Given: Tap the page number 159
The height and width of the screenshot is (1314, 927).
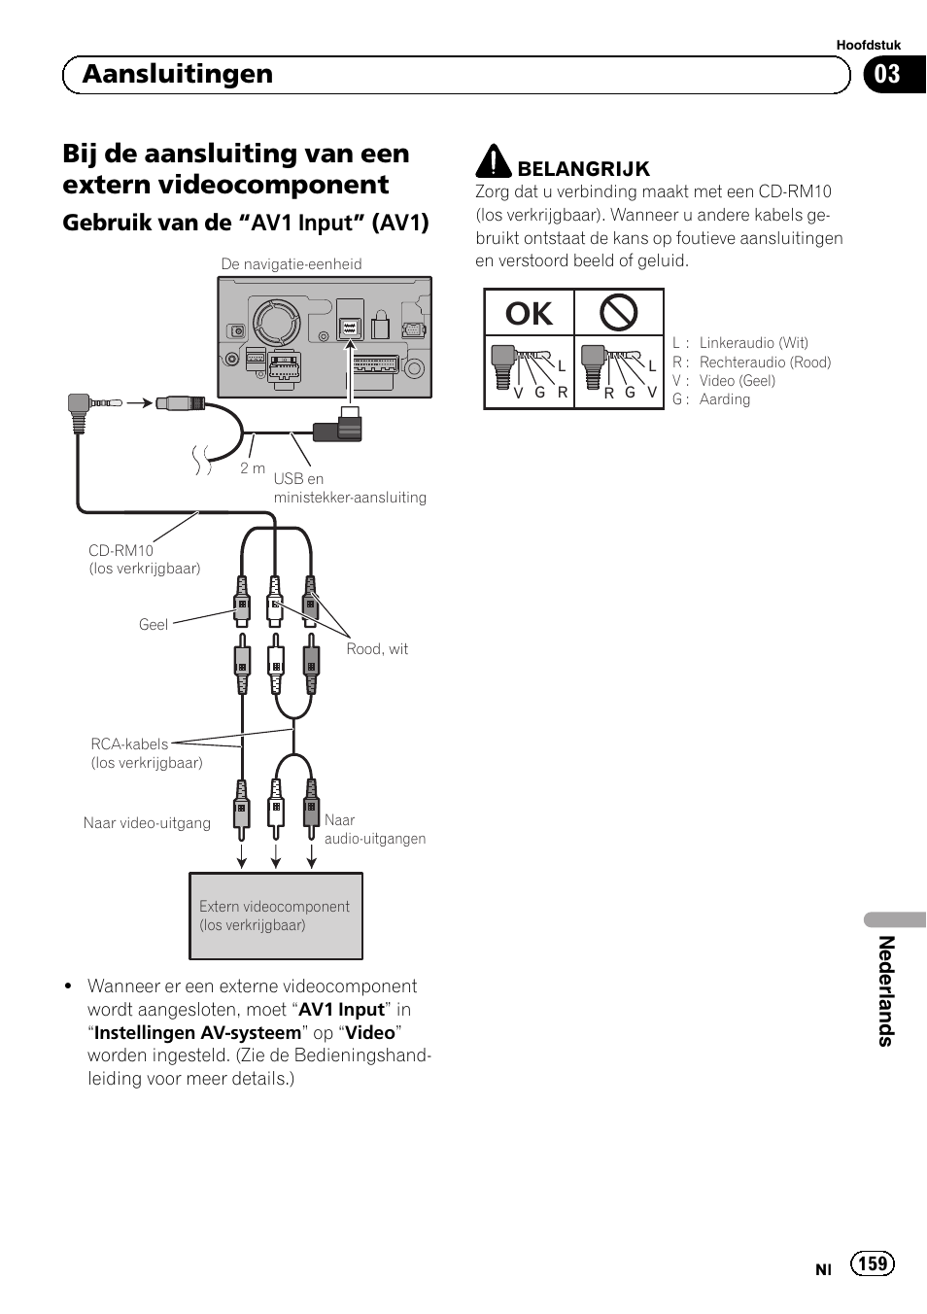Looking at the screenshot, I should (873, 1262).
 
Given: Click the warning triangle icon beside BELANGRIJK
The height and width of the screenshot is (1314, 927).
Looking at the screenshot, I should (494, 162).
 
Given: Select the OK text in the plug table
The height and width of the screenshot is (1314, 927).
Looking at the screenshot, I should (529, 314).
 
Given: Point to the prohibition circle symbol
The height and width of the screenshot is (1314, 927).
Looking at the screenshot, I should (618, 313).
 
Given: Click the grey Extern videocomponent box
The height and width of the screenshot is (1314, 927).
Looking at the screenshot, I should (275, 916).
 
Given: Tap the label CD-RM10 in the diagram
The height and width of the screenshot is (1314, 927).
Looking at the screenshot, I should (121, 550).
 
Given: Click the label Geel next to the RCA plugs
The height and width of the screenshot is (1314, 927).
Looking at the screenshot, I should (154, 625).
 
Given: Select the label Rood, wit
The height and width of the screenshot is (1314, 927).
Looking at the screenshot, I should (377, 649).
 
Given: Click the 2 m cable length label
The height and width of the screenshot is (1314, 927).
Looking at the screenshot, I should (253, 468).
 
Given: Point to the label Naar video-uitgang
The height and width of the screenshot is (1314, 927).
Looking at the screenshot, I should (147, 823).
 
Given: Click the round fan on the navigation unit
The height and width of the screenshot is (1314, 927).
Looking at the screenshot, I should (278, 321).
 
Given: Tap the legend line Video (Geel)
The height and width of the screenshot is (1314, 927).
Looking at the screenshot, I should (737, 381).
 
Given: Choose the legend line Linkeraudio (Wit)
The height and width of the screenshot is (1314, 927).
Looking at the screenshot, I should (753, 343).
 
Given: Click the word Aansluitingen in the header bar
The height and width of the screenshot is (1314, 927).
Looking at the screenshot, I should (178, 75).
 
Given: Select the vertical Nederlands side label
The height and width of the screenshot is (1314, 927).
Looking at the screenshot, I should (885, 991).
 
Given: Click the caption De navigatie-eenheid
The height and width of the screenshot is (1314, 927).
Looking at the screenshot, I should (292, 264).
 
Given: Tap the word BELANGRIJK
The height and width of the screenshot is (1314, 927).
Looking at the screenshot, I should (583, 169).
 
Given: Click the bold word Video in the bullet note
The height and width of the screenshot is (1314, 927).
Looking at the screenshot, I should (370, 1033).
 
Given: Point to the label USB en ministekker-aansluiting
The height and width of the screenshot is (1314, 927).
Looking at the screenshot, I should (349, 488).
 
